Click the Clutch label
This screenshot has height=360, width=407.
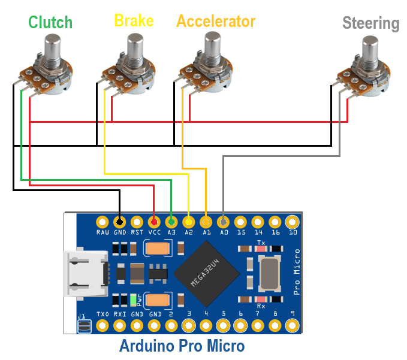tap(50, 23)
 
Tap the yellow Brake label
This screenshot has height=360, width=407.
tap(134, 21)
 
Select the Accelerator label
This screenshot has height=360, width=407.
tap(216, 22)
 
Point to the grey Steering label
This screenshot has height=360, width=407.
tap(370, 23)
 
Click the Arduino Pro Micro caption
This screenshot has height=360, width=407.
tap(182, 346)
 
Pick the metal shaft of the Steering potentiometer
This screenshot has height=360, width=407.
tap(370, 50)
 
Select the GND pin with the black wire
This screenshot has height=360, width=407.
tap(119, 220)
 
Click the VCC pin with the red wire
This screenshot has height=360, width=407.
tap(154, 220)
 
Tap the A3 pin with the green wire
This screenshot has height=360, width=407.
tap(171, 220)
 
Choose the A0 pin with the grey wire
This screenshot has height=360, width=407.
tap(224, 220)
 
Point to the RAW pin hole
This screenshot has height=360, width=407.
tap(102, 220)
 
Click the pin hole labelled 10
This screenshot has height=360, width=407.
tap(293, 220)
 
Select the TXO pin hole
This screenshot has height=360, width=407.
tap(102, 325)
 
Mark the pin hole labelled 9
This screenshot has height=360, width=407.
tap(293, 325)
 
